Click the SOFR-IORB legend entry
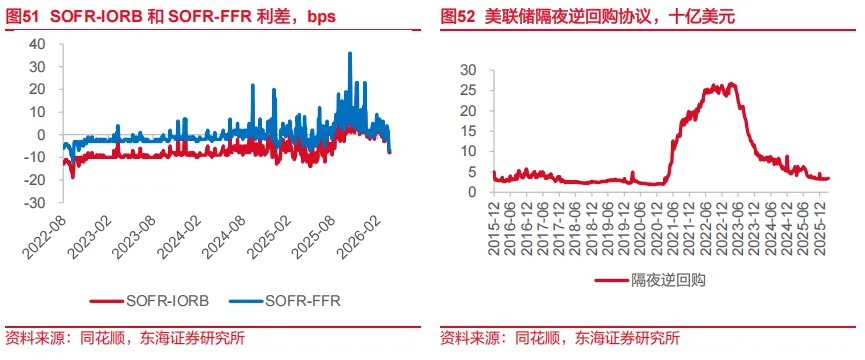pyautogui.click(x=158, y=300)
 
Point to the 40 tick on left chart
pyautogui.click(x=38, y=44)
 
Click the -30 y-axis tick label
pyautogui.click(x=34, y=202)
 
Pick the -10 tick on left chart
pyautogui.click(x=34, y=157)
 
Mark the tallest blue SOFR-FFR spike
pyautogui.click(x=349, y=54)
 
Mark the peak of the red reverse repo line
pyautogui.click(x=731, y=84)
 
